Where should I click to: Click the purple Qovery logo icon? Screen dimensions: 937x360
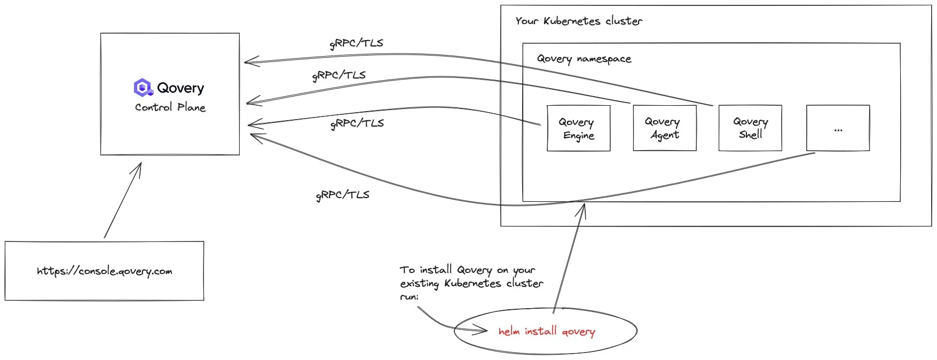pyautogui.click(x=143, y=88)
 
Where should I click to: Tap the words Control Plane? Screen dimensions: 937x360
pyautogui.click(x=170, y=107)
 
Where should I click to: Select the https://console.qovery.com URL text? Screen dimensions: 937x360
pyautogui.click(x=105, y=271)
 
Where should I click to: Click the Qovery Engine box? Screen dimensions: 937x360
pyautogui.click(x=578, y=128)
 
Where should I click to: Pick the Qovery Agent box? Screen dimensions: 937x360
pyautogui.click(x=665, y=128)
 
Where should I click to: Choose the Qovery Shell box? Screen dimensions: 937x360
pyautogui.click(x=750, y=128)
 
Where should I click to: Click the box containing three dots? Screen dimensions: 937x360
pyautogui.click(x=838, y=128)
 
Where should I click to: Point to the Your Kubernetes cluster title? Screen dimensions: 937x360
pyautogui.click(x=579, y=21)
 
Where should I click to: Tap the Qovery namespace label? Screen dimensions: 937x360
pyautogui.click(x=584, y=59)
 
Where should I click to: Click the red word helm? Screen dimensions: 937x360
pyautogui.click(x=509, y=331)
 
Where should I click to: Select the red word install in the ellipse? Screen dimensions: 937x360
pyautogui.click(x=540, y=331)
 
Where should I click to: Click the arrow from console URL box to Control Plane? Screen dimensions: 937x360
pyautogui.click(x=123, y=200)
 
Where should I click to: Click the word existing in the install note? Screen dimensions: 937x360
pyautogui.click(x=420, y=284)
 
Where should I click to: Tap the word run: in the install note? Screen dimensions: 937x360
pyautogui.click(x=410, y=296)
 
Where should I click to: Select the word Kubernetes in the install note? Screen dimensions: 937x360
pyautogui.click(x=473, y=283)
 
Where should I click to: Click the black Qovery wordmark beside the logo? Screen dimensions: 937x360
pyautogui.click(x=180, y=88)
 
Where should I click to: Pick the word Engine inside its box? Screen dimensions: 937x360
pyautogui.click(x=579, y=136)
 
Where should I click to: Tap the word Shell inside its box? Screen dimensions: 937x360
pyautogui.click(x=750, y=135)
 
